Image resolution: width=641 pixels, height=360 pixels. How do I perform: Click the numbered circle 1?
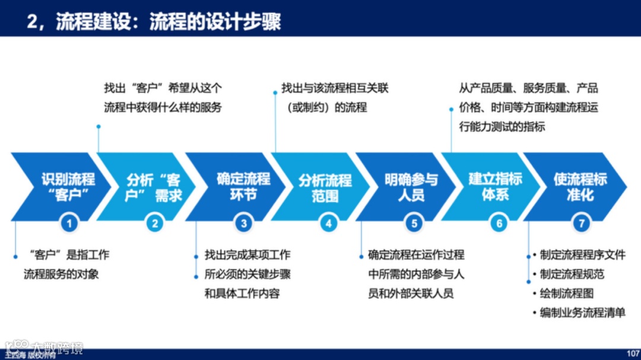tap(69, 223)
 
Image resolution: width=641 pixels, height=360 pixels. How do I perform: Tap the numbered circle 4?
tap(329, 223)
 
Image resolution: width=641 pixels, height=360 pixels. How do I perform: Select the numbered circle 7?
tap(582, 223)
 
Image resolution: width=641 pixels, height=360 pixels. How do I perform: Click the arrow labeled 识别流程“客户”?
tap(65, 187)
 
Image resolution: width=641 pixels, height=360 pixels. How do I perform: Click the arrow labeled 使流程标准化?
tap(579, 187)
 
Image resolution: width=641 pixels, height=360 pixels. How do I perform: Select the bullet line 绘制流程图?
tap(566, 294)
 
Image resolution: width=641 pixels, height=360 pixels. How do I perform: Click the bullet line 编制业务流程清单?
tap(582, 313)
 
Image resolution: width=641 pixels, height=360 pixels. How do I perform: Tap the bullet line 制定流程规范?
tap(572, 275)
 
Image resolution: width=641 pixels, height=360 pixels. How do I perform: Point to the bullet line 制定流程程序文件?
tap(582, 256)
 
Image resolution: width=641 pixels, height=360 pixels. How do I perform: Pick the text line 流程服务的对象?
tap(61, 275)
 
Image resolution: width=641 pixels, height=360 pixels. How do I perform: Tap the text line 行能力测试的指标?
tap(502, 126)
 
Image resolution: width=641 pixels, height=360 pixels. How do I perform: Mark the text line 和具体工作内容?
tap(242, 294)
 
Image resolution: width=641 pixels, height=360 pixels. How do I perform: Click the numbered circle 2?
tap(155, 223)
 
